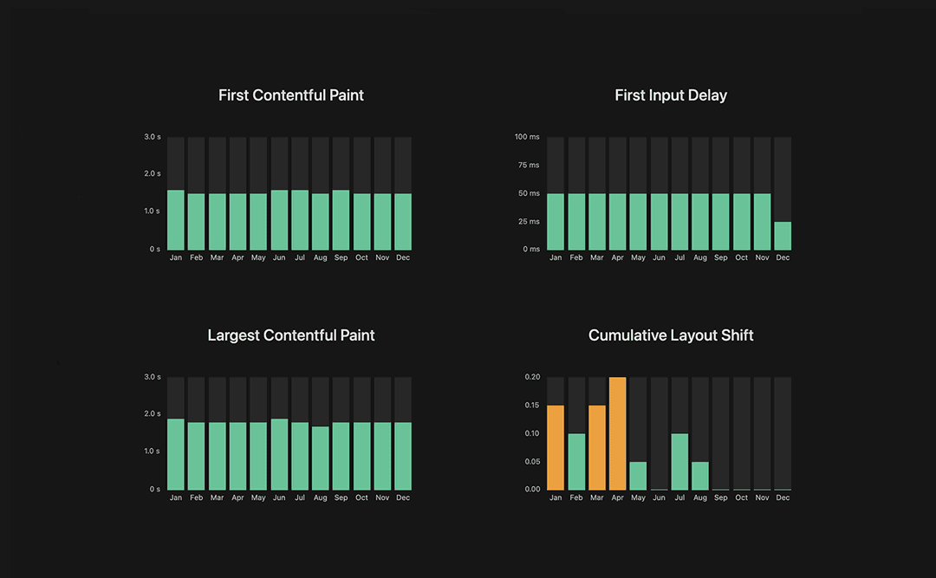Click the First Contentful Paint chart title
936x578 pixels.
(291, 95)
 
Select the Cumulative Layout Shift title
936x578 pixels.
(671, 335)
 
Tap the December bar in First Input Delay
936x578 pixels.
(783, 236)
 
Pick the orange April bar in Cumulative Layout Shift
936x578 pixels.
(618, 433)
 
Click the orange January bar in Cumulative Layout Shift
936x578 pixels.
(556, 447)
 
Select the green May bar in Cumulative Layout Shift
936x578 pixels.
(638, 476)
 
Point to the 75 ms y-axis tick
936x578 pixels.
(527, 166)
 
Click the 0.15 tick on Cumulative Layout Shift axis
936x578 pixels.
(532, 406)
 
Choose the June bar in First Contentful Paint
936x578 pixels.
(279, 220)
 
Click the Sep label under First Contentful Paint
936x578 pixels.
(341, 257)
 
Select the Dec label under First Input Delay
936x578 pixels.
(783, 257)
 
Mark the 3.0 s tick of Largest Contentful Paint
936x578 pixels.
(153, 377)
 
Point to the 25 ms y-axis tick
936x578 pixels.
(527, 222)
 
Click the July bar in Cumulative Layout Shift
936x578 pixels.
(679, 462)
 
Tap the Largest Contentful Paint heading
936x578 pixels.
(291, 335)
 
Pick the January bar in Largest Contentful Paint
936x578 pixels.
(176, 454)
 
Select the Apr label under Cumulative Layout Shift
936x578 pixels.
(617, 497)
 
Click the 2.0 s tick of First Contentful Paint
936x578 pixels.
(153, 174)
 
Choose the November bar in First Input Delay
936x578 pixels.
(762, 221)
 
